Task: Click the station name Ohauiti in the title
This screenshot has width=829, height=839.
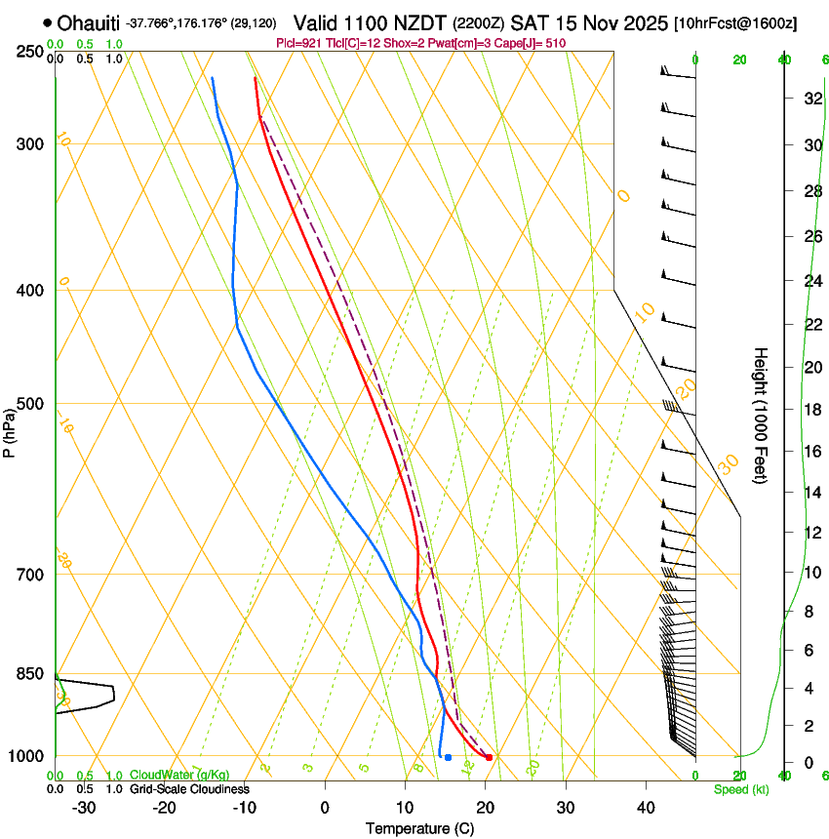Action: pyautogui.click(x=89, y=23)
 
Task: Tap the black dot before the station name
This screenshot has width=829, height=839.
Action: pyautogui.click(x=47, y=22)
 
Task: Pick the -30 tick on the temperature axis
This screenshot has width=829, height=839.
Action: pyautogui.click(x=85, y=808)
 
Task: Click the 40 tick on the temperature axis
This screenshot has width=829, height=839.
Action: pyautogui.click(x=646, y=808)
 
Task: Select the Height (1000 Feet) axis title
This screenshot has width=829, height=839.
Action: pyautogui.click(x=762, y=415)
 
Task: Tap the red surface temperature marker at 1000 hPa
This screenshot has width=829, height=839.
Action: pyautogui.click(x=489, y=757)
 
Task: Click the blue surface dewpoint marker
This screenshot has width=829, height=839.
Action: pyautogui.click(x=448, y=757)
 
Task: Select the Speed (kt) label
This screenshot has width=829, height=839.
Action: pyautogui.click(x=740, y=789)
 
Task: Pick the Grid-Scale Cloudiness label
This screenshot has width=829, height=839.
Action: pyautogui.click(x=189, y=789)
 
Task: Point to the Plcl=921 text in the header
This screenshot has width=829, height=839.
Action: pyautogui.click(x=301, y=43)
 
